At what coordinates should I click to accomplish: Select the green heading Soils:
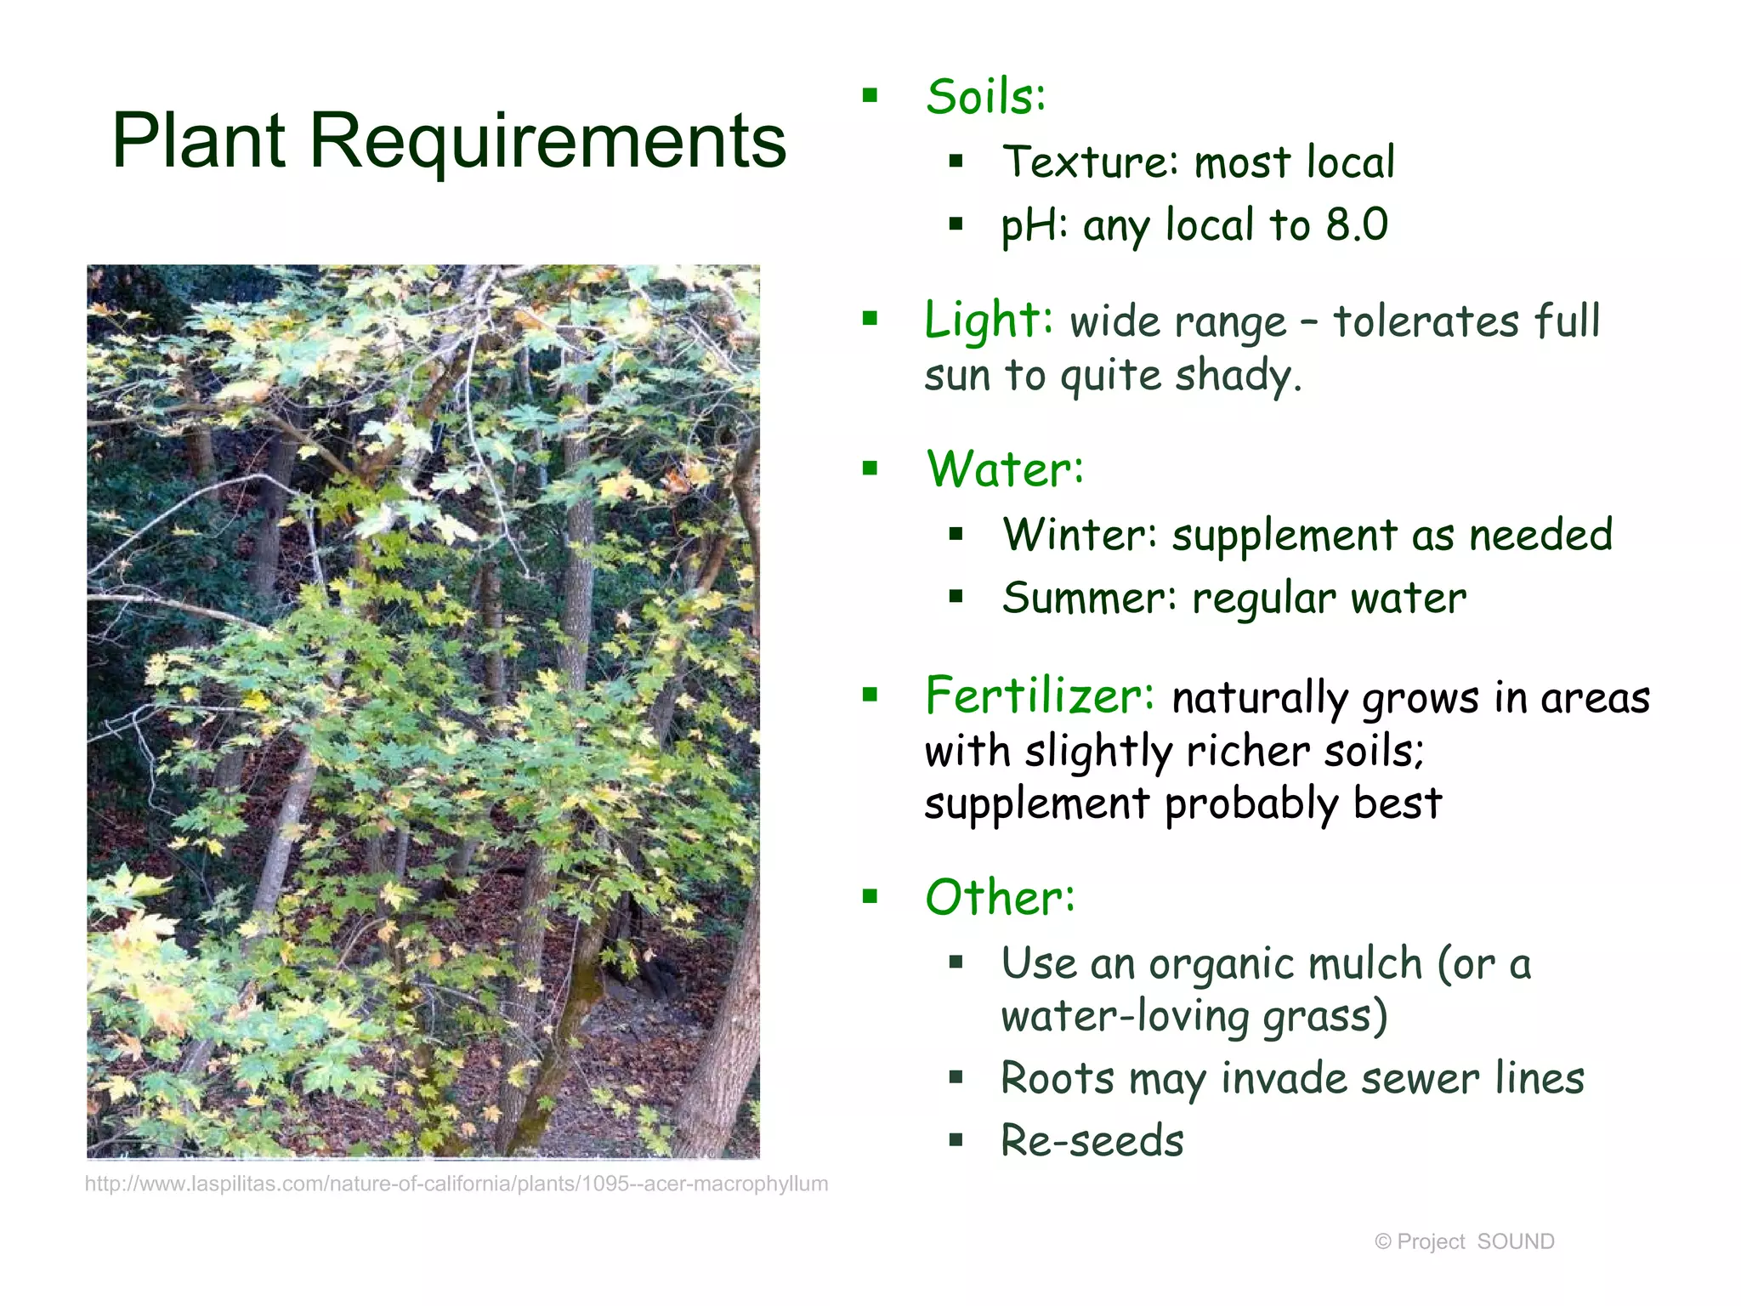click(x=985, y=97)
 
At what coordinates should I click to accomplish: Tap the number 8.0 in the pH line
click(x=1357, y=224)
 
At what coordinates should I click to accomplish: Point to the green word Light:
click(x=989, y=321)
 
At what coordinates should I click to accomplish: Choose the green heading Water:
click(x=1005, y=469)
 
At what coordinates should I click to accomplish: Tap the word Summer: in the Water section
click(x=1089, y=598)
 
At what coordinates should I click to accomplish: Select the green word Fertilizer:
click(x=1040, y=696)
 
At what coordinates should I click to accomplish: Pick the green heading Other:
click(x=1000, y=898)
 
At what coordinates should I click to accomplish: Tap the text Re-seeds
click(x=1092, y=1141)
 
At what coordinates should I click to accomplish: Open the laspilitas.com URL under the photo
click(x=456, y=1184)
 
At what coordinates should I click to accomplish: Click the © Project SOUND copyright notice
click(x=1464, y=1241)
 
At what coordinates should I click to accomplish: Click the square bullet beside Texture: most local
click(x=956, y=162)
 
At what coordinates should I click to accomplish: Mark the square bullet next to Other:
click(x=870, y=896)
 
